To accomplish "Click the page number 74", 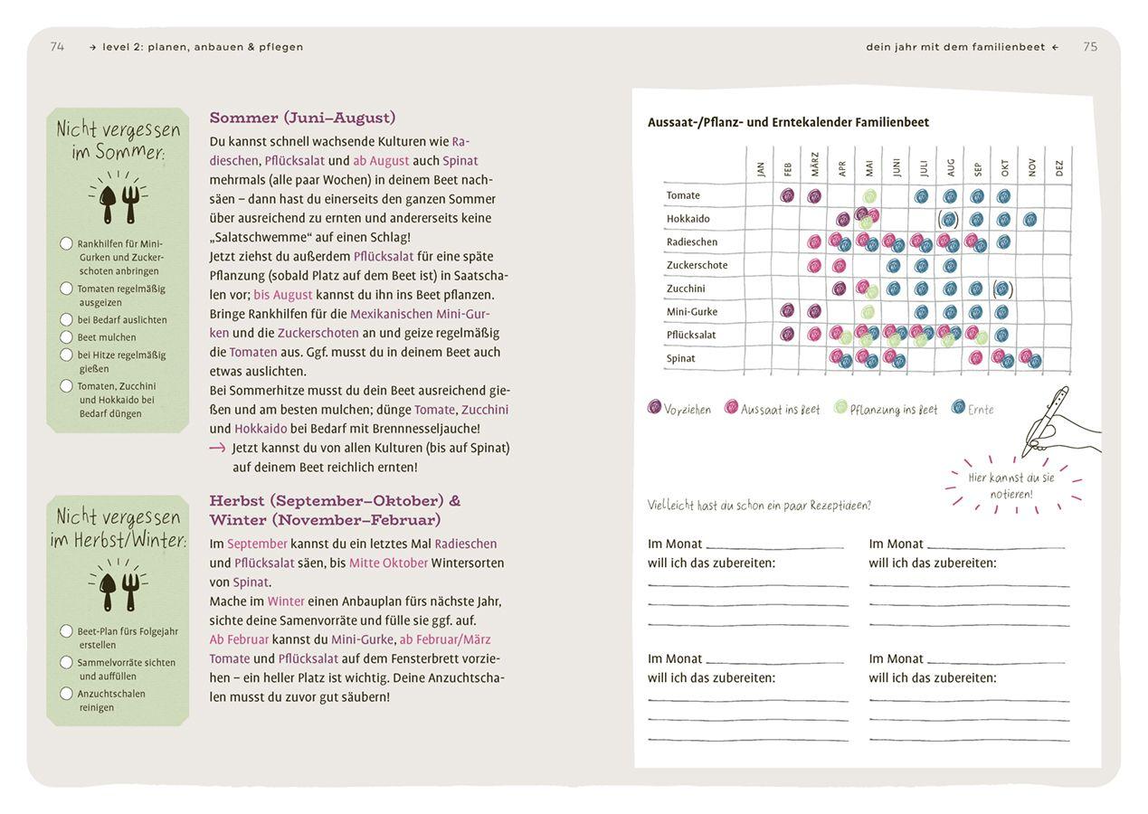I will pos(57,47).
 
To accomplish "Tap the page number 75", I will pos(1090,47).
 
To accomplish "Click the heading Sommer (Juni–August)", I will pos(302,118).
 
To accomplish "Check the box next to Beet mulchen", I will pos(66,337).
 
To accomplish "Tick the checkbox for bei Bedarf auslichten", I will pos(66,319).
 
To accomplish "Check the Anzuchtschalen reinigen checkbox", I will pos(66,694).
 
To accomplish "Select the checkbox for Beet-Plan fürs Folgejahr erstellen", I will pos(66,631).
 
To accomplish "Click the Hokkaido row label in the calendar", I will pos(688,219).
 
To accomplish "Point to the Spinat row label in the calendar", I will pos(680,358).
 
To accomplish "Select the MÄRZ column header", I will pos(814,165).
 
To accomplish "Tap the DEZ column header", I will pos(1058,167).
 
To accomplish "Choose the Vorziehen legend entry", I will pos(679,409).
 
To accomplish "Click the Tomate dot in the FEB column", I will pos(787,195).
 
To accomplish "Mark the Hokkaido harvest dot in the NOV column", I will pos(1029,219).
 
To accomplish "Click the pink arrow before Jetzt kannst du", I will pos(217,448).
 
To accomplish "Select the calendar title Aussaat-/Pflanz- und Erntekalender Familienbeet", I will pos(788,122).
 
